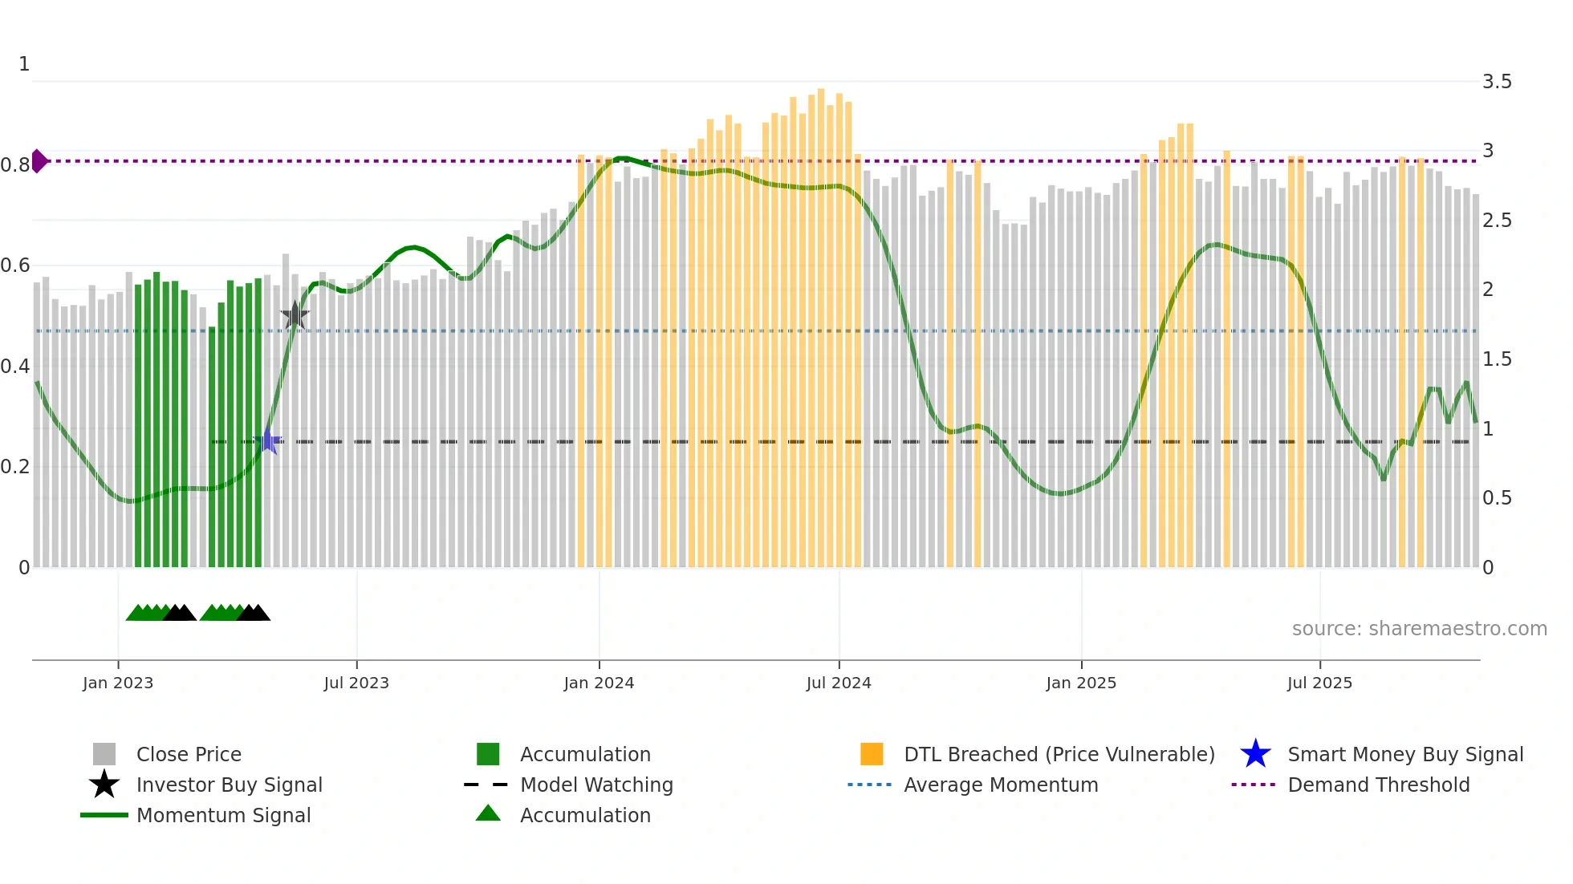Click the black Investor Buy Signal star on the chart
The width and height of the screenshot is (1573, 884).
(x=295, y=316)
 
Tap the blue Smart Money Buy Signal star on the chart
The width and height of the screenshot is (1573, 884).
(x=267, y=441)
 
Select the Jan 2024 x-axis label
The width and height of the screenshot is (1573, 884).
(x=599, y=683)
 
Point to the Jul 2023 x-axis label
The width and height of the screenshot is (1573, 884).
(x=356, y=683)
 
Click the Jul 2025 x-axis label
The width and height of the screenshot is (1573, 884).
(x=1319, y=683)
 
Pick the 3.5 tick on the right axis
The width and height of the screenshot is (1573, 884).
(x=1497, y=82)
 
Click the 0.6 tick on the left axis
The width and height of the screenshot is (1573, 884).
(x=15, y=266)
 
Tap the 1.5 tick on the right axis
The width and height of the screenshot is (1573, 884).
(x=1497, y=359)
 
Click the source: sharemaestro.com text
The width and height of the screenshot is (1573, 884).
(x=1419, y=629)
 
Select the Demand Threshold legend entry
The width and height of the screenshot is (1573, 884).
(x=1378, y=785)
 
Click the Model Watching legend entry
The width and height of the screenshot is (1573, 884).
(x=596, y=785)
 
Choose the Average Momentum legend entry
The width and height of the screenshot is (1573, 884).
(x=1001, y=785)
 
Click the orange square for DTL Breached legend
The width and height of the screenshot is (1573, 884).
(x=872, y=754)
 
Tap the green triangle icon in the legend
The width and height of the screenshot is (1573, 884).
(x=488, y=814)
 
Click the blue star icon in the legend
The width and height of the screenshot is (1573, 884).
(x=1255, y=754)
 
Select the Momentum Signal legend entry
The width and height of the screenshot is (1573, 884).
(x=223, y=815)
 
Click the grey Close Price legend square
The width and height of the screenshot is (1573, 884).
(x=104, y=754)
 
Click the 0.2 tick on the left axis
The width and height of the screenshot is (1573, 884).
(x=15, y=467)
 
